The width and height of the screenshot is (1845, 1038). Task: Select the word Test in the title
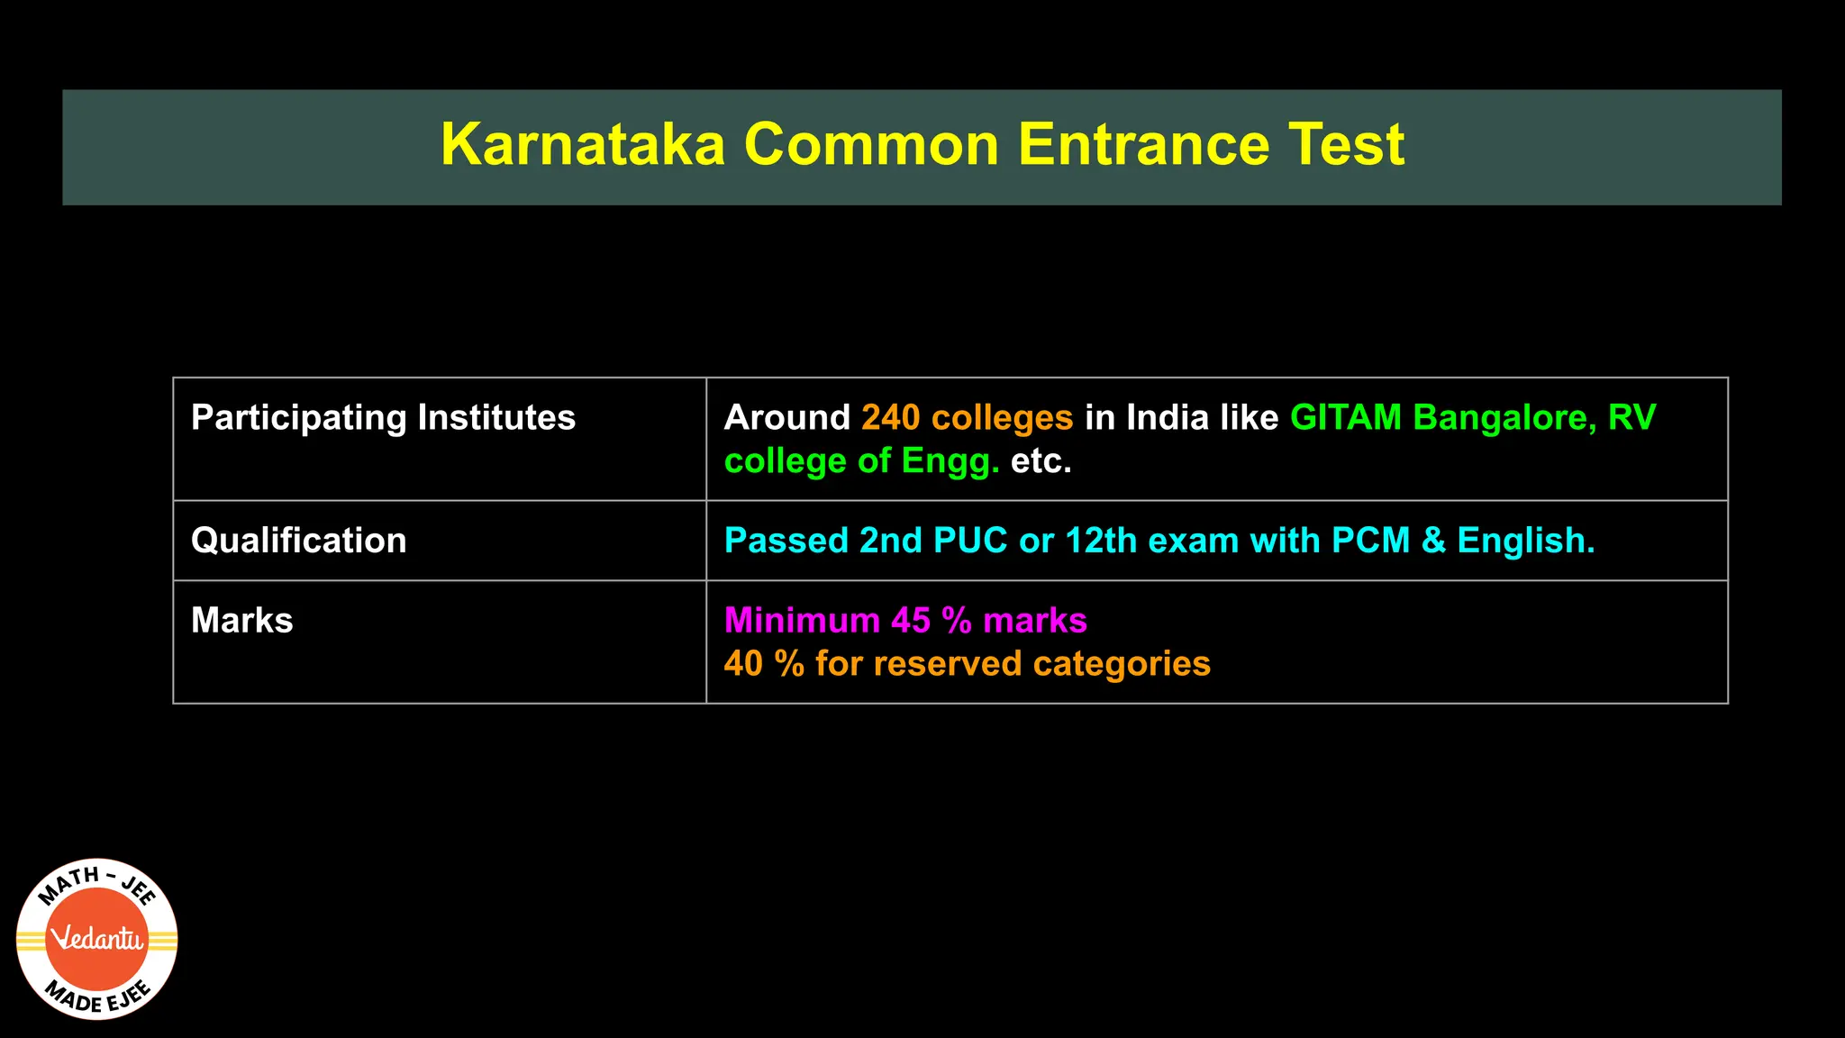coord(1346,145)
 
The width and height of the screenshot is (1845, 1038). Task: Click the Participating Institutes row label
coord(383,418)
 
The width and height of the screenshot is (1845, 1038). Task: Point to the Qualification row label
coord(298,541)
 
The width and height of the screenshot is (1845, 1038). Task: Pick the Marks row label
coord(241,621)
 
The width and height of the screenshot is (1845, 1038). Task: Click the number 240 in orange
coord(890,418)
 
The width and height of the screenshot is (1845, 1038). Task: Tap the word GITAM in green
coord(1345,418)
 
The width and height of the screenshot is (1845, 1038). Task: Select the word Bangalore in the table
coord(1505,418)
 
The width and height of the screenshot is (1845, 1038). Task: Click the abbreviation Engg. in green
coord(950,461)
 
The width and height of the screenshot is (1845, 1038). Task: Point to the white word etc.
coord(1041,461)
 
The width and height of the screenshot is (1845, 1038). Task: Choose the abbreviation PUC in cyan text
coord(970,541)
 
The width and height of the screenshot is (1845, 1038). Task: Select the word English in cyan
coord(1525,541)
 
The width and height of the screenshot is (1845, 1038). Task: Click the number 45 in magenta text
coord(911,621)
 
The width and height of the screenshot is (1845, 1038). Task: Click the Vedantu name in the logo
coord(97,940)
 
